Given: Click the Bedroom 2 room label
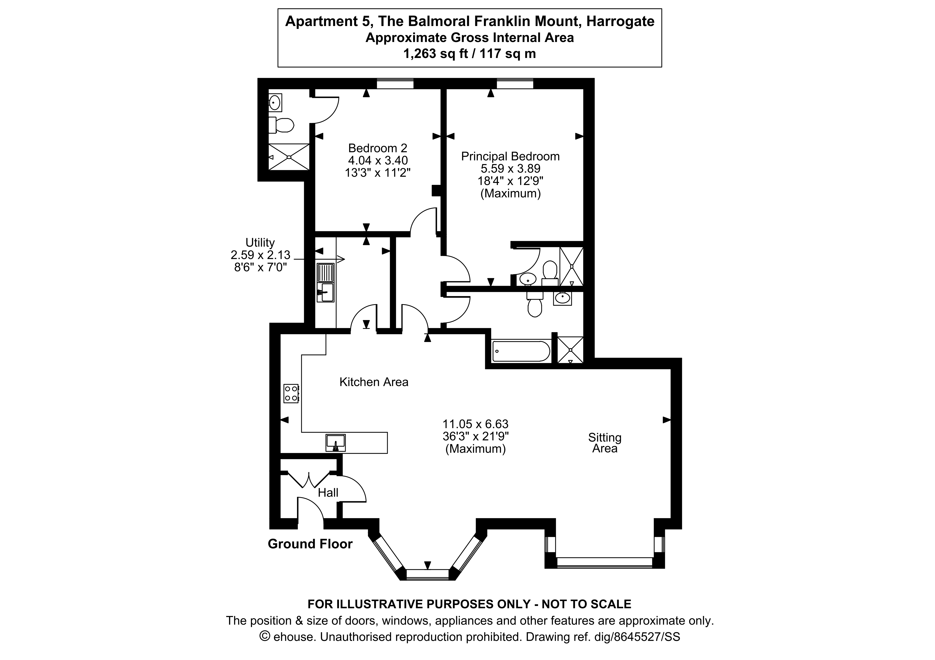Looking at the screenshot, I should pos(377,148).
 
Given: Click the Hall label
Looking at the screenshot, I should pos(328,493).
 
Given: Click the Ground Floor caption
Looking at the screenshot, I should pos(310,544).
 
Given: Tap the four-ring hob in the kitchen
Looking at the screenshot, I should pos(291,394).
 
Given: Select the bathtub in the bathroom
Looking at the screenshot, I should pos(521,351).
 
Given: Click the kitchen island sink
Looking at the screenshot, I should pos(336,443).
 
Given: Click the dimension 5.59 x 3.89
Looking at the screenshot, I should pos(510,168).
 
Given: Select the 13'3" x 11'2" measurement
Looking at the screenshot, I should pos(377,172).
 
